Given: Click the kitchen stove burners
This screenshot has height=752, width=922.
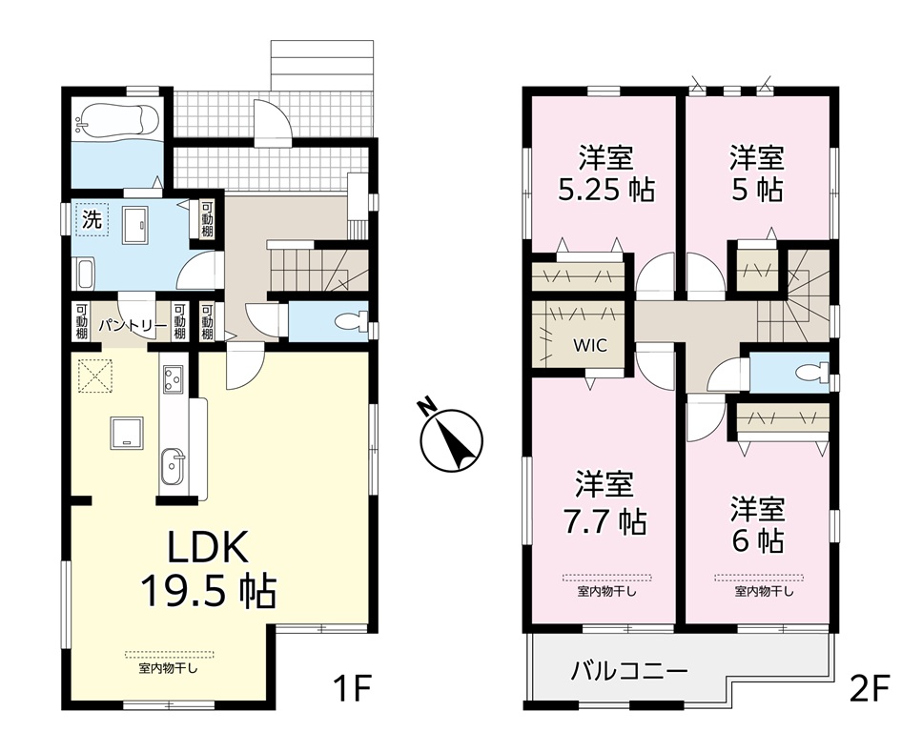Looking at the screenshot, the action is pos(173,378).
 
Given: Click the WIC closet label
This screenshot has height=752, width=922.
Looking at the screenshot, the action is pos(590,345).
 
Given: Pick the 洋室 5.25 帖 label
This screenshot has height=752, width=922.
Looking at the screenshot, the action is pos(605,173).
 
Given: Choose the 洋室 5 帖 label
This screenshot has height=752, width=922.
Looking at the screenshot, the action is pos(757,173).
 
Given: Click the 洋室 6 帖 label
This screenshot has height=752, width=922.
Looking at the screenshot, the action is pos(758,525).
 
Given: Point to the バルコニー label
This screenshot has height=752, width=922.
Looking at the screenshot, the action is pos(629,671).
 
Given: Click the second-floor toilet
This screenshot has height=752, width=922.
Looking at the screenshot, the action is pos(810,372).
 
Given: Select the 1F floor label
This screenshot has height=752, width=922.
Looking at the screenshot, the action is pos(351,689).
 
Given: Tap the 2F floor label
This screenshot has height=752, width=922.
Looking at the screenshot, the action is pos(870,689).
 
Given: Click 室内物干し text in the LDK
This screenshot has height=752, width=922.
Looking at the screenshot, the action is pos(169,668).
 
